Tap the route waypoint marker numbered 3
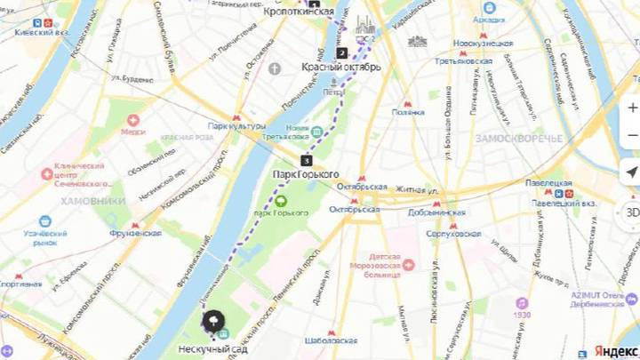point(307,161)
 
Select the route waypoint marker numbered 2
point(341,52)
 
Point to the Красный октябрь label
point(341,67)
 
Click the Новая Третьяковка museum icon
point(316,132)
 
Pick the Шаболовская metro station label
point(331,340)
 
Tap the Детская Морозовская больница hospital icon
point(407,264)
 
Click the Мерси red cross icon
point(133,120)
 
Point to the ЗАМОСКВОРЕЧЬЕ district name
point(518,139)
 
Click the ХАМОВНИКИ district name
point(93,201)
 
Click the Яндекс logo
point(614,350)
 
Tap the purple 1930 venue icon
point(522,303)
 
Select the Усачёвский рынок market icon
point(44,221)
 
